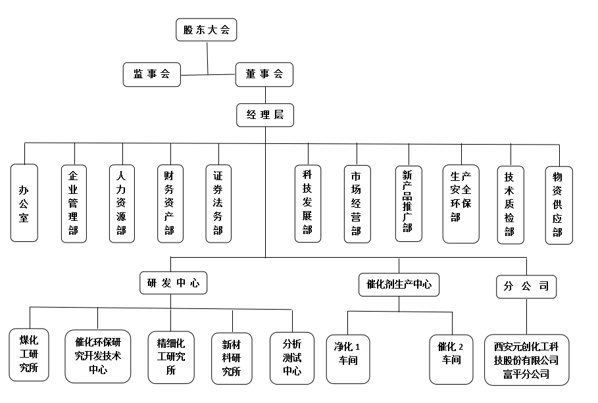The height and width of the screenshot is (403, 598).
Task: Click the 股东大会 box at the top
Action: [x=207, y=30]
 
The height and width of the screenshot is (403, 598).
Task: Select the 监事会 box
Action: [x=152, y=75]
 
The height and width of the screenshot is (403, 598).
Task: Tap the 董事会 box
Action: [x=264, y=75]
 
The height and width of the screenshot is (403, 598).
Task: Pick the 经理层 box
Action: [x=265, y=115]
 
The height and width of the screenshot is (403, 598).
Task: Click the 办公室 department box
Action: [x=24, y=203]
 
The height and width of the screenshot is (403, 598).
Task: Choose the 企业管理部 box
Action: [x=74, y=204]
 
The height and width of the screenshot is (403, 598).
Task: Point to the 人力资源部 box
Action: [x=122, y=204]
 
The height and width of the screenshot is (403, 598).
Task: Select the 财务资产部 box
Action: [x=170, y=204]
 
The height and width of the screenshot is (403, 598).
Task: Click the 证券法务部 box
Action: [x=218, y=204]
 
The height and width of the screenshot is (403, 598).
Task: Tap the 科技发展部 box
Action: [x=308, y=204]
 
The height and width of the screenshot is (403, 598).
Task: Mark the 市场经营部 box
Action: [x=357, y=204]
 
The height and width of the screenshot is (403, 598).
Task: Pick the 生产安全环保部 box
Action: [x=461, y=204]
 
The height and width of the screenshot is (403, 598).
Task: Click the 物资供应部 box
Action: [x=559, y=205]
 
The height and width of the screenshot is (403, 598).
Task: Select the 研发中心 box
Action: [x=174, y=283]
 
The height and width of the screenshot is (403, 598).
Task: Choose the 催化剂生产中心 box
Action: [x=399, y=285]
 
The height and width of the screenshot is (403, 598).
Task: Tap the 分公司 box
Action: [x=526, y=287]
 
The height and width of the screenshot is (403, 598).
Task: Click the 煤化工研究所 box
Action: [x=29, y=354]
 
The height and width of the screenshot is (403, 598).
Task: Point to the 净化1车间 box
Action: [x=348, y=359]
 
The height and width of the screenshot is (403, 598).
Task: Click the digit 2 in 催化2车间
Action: [x=461, y=347]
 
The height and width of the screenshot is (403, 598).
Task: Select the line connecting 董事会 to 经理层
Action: [x=265, y=95]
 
